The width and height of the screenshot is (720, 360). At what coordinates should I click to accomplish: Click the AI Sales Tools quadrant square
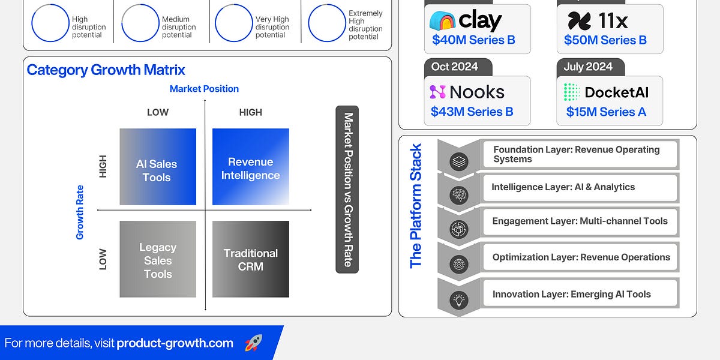pyautogui.click(x=158, y=167)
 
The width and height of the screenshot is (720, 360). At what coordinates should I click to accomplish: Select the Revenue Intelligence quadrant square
pyautogui.click(x=250, y=167)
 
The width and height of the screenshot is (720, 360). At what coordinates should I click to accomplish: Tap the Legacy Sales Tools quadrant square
pyautogui.click(x=158, y=259)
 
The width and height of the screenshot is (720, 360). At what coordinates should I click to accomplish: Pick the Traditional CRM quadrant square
pyautogui.click(x=250, y=259)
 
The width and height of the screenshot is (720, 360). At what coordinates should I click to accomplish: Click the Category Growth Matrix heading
pyautogui.click(x=106, y=70)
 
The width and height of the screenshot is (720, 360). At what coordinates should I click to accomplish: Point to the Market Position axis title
pyautogui.click(x=204, y=89)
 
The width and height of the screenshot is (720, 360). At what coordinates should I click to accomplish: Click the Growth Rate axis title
pyautogui.click(x=79, y=212)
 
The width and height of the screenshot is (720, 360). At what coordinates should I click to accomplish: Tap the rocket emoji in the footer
pyautogui.click(x=254, y=343)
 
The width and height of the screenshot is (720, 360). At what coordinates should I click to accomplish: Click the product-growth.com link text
pyautogui.click(x=175, y=343)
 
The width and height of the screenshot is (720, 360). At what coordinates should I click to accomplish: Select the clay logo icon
pyautogui.click(x=442, y=20)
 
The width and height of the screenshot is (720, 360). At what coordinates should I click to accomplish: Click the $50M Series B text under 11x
pyautogui.click(x=605, y=40)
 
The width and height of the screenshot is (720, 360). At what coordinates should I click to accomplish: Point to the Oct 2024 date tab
pyautogui.click(x=458, y=67)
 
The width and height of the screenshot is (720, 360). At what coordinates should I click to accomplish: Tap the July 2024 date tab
pyautogui.click(x=591, y=67)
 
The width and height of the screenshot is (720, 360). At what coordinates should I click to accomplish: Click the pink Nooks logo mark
pyautogui.click(x=438, y=92)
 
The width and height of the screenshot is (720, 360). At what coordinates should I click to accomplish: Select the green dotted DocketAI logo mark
pyautogui.click(x=572, y=92)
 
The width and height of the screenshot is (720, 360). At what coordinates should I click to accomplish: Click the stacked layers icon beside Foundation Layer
pyautogui.click(x=458, y=161)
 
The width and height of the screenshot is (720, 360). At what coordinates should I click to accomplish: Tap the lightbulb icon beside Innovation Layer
pyautogui.click(x=458, y=300)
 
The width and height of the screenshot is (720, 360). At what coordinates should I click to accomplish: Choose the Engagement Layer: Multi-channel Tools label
pyautogui.click(x=580, y=221)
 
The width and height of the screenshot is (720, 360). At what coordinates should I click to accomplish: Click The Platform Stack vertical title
pyautogui.click(x=415, y=206)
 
